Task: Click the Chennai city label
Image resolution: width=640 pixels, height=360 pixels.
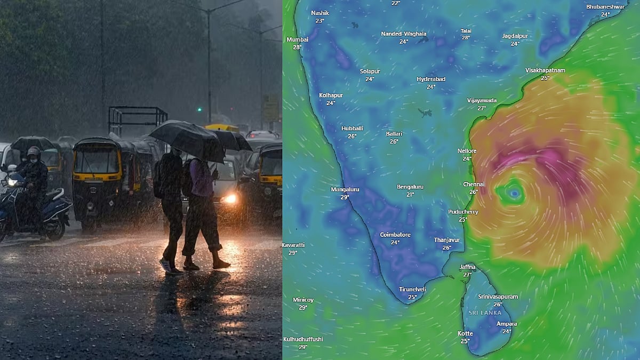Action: [474, 185]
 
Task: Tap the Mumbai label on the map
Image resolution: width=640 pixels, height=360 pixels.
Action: [297, 39]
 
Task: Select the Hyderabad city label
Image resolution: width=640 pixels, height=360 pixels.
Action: [431, 79]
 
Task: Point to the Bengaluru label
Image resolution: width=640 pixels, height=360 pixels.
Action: [410, 187]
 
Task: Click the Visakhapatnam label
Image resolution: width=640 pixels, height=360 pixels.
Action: [545, 70]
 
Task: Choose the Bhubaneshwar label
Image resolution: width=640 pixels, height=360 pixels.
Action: [605, 7]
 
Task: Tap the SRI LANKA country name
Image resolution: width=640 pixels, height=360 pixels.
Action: [485, 313]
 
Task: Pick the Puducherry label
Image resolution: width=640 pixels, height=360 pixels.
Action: [463, 212]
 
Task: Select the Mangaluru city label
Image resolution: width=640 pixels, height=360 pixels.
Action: [345, 189]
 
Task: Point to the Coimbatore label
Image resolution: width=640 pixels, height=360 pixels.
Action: [395, 235]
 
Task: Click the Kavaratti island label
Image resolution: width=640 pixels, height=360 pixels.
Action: [293, 245]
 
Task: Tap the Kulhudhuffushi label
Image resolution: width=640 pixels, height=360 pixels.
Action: [303, 339]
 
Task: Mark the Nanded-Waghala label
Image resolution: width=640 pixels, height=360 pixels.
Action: [404, 34]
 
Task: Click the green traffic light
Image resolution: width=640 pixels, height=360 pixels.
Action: [199, 110]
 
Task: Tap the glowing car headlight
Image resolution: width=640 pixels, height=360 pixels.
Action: [230, 198]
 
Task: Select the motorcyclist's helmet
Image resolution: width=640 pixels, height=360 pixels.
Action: [34, 152]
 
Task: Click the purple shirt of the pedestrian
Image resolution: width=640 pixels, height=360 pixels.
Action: [202, 176]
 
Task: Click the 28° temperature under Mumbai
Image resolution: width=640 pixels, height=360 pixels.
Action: [297, 47]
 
